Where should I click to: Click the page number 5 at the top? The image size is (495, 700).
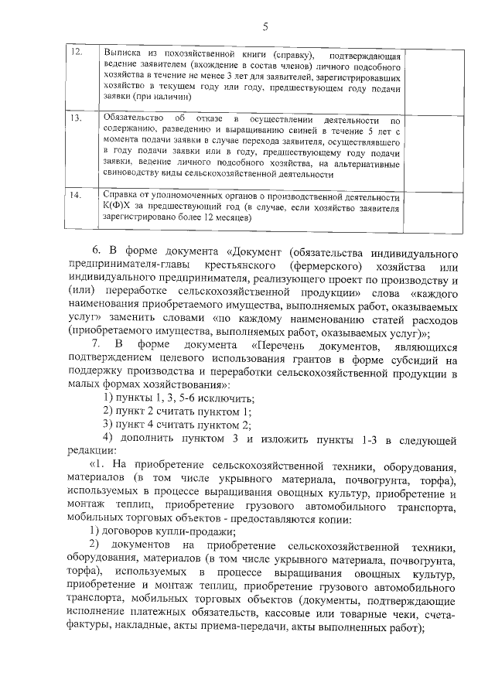[264, 26]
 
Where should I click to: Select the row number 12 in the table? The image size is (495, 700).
[76, 53]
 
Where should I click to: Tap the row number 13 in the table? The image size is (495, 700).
[76, 120]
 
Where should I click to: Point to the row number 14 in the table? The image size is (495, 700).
[76, 194]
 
